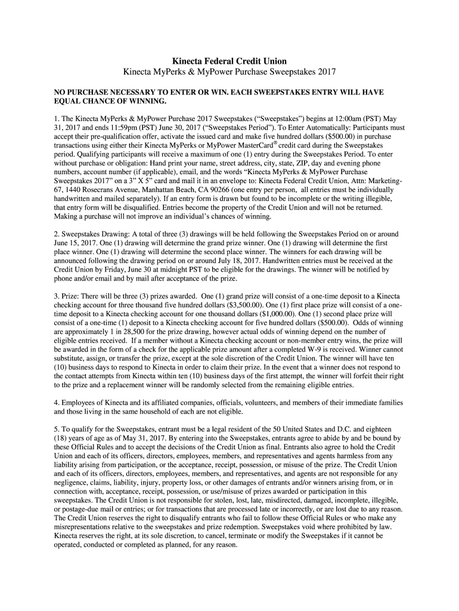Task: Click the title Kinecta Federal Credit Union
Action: (229, 61)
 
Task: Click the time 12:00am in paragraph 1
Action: (328, 119)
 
